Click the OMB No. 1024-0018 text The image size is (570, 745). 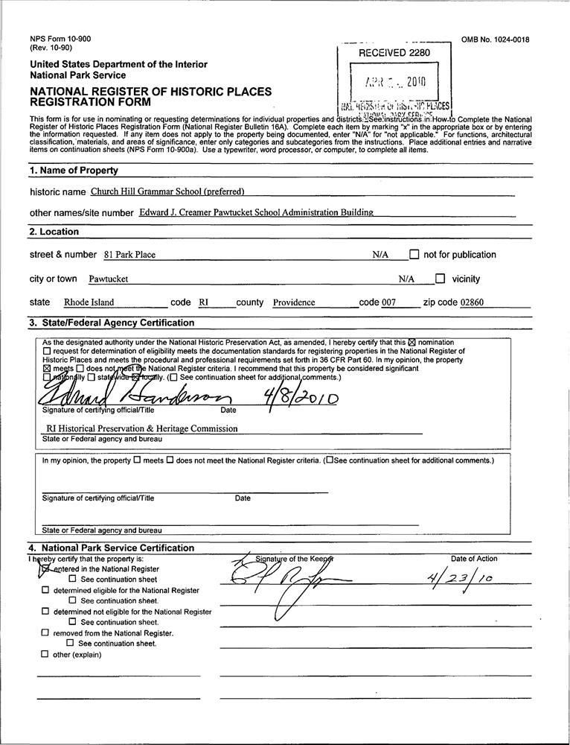tap(496, 40)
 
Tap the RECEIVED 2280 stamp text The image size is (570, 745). tap(394, 53)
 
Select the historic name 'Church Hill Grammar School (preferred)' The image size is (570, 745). tap(167, 191)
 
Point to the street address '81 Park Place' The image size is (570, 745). tap(129, 255)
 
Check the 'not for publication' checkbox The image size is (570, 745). tap(414, 255)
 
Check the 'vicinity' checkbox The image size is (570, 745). tap(440, 279)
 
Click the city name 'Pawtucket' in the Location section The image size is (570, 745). tap(109, 279)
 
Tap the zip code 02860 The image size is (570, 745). tap(472, 303)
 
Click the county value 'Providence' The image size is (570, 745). tap(294, 303)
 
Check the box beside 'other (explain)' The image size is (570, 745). tap(45, 655)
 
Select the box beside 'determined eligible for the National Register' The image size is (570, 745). tap(45, 590)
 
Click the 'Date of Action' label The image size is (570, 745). tap(474, 559)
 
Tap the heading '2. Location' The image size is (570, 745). tap(54, 232)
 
